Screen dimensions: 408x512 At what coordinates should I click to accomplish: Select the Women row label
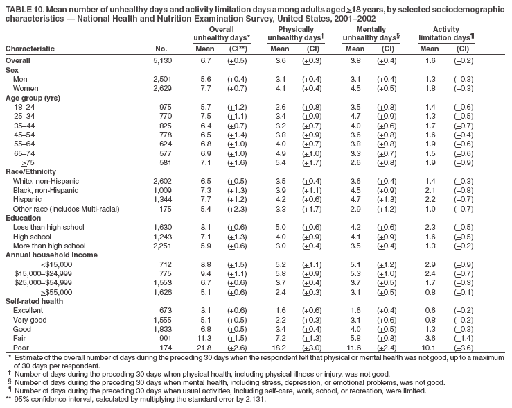coord(25,89)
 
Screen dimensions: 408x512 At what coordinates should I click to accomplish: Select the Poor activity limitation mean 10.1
coord(427,346)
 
